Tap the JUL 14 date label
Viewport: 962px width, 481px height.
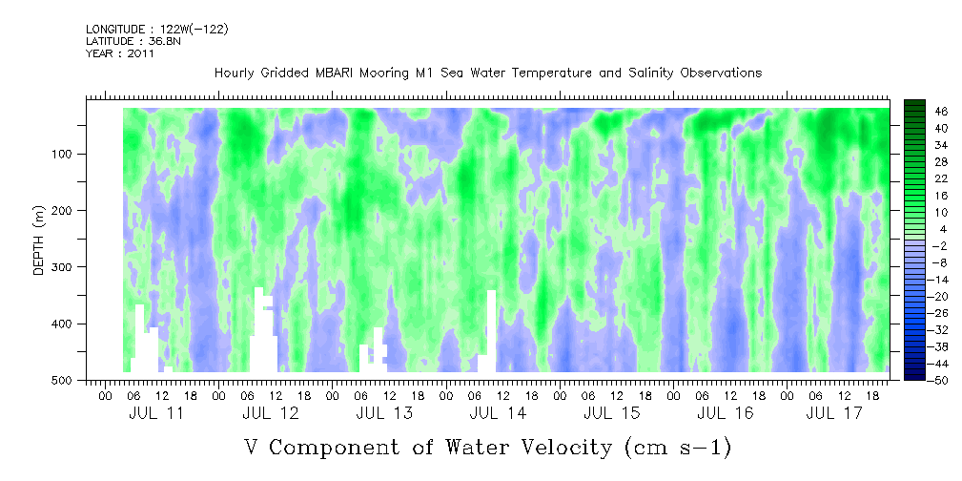click(498, 413)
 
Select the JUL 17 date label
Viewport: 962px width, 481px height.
click(835, 413)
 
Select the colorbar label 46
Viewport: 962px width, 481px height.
click(941, 111)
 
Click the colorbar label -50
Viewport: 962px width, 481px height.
click(941, 381)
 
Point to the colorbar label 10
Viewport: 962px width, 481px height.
click(941, 212)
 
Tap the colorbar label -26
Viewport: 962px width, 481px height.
click(941, 313)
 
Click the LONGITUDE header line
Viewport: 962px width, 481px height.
click(156, 30)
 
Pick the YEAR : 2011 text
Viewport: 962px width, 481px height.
click(120, 54)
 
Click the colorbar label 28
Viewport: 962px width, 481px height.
click(941, 161)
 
